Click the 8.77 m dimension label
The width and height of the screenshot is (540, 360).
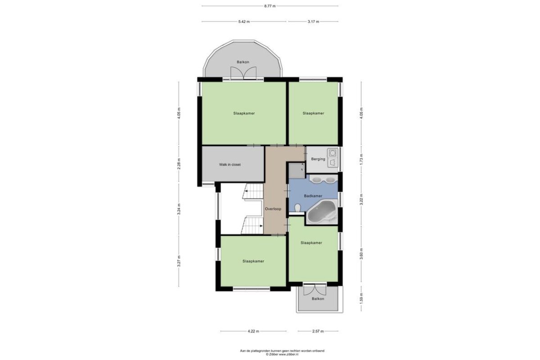coord(270,6)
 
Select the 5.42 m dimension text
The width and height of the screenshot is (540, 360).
coord(244,22)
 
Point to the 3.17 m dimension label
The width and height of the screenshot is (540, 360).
coord(313,22)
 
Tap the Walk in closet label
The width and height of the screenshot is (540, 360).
coord(230,165)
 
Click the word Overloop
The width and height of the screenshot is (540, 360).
coord(273,209)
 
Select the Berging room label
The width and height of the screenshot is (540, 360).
coord(318,159)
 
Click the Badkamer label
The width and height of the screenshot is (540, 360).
coord(313,196)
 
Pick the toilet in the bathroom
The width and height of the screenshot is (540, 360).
coord(298,208)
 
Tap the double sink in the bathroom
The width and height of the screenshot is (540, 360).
coord(323,179)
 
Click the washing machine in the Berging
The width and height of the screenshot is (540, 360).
coord(333,153)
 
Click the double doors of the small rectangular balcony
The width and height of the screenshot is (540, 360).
coord(313,290)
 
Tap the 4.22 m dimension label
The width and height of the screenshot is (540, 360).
coord(253,331)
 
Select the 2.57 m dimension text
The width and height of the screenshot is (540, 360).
coord(318,331)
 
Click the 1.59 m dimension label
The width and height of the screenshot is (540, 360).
coord(361,298)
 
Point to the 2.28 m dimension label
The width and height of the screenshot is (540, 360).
coord(179,164)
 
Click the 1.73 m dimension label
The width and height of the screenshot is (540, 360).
coord(361,159)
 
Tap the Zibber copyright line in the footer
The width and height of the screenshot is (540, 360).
coord(282,355)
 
